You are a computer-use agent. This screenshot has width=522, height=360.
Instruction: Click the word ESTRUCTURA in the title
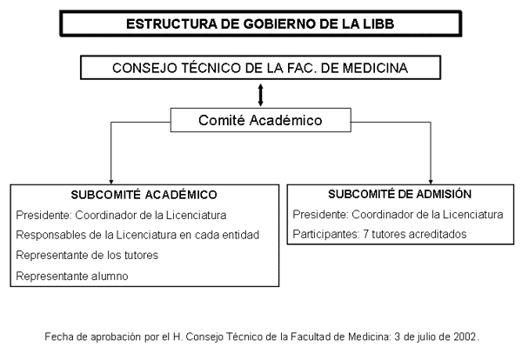[x=171, y=24]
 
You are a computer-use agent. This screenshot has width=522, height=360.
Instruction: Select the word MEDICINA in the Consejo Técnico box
[x=375, y=68]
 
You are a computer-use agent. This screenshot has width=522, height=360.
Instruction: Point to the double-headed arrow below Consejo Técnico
[x=261, y=95]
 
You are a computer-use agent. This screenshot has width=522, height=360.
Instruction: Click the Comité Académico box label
[x=260, y=120]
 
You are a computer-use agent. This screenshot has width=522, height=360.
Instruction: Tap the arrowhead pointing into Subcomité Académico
[x=111, y=182]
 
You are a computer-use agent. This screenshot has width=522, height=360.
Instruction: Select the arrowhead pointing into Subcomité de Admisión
[x=431, y=182]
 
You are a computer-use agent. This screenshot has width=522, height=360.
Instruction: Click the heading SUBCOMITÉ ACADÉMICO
[x=144, y=195]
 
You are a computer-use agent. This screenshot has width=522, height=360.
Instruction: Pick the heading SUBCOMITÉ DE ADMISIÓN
[x=400, y=194]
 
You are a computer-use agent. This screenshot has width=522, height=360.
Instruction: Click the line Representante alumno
[x=72, y=276]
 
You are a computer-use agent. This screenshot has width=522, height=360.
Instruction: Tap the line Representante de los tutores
[x=87, y=255]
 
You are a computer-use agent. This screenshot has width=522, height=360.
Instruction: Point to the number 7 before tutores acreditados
[x=366, y=234]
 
